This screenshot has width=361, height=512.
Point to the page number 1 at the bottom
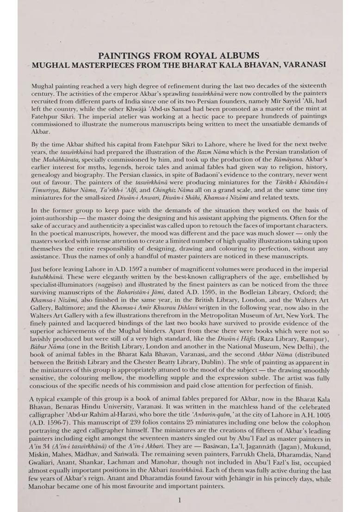coord(180,500)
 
